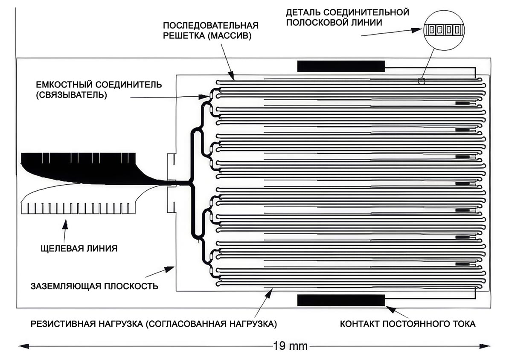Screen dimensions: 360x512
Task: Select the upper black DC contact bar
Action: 341,66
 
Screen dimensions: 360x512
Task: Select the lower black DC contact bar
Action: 341,300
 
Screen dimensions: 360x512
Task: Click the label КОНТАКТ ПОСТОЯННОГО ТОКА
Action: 407,324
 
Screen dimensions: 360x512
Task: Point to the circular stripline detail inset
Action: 442,30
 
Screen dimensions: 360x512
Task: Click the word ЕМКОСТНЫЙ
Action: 60,84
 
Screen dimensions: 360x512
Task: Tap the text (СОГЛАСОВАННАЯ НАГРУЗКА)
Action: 211,324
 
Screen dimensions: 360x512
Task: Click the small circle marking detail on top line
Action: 422,80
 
